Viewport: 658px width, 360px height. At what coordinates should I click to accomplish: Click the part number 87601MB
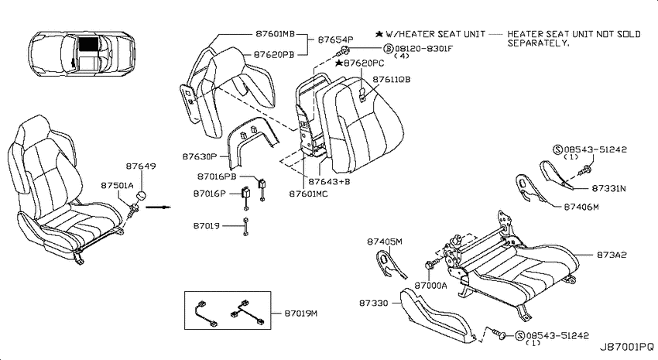(276, 34)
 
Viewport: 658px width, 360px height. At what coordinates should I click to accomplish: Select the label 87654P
(335, 39)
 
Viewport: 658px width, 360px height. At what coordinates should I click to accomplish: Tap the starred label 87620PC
(360, 63)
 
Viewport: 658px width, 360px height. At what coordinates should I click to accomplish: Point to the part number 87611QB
(392, 79)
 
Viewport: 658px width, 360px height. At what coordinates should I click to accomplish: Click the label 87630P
(199, 156)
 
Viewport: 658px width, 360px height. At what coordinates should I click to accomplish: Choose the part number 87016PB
(217, 177)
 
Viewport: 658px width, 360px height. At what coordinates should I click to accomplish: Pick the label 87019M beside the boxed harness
(301, 314)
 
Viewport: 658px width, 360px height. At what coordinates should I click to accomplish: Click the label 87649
(141, 166)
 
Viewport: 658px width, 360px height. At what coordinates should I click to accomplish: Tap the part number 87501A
(117, 186)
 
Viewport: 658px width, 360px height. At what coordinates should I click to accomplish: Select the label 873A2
(612, 255)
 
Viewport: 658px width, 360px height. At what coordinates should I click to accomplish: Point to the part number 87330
(373, 303)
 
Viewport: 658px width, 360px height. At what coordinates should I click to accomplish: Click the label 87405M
(385, 242)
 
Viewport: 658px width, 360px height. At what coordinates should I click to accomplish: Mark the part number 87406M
(581, 207)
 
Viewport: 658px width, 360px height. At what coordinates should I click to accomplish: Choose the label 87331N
(608, 188)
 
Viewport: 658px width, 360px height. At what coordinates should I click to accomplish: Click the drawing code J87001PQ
(626, 347)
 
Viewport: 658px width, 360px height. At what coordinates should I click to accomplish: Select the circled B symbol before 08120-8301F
(389, 49)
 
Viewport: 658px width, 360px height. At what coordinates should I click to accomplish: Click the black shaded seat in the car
(88, 43)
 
